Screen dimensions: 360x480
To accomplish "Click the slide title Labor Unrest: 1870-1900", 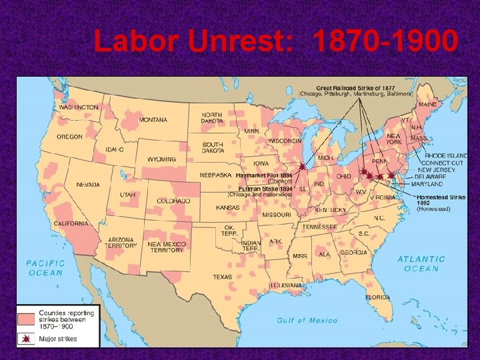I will pos(275,42).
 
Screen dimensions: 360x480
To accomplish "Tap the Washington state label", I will pos(78,107).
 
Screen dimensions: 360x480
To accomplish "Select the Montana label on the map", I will pos(153,120).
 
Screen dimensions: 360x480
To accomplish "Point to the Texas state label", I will pos(222,277).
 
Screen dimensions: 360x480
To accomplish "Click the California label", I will pos(72,223).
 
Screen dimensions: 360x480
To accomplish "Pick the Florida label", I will pos(377,297).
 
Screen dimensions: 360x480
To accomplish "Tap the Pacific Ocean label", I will pos(45,267).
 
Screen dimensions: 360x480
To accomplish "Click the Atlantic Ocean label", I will pos(421,263).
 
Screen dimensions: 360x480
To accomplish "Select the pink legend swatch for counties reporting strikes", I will pos(27,317).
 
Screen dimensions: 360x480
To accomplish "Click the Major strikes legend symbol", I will pos(27,339).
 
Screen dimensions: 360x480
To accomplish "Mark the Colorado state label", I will pos(173,201).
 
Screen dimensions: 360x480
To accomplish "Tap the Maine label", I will pos(428,105).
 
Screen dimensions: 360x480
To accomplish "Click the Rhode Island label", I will pos(445,155).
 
